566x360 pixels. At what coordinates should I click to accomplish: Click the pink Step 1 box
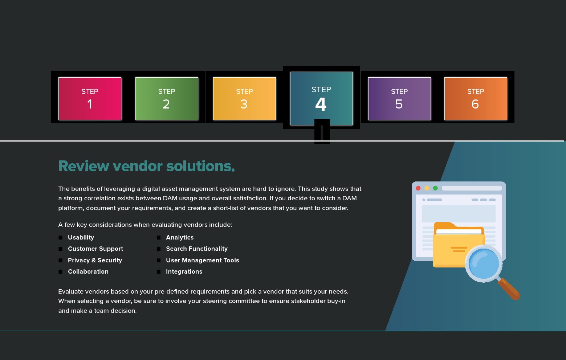tap(90, 98)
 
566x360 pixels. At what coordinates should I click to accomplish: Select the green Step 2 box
tap(167, 98)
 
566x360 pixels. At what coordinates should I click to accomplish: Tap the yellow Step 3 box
tap(244, 98)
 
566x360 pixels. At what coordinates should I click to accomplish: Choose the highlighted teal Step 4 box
tap(321, 98)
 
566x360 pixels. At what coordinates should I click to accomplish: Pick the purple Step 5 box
tap(399, 98)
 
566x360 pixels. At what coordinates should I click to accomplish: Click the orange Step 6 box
tap(476, 98)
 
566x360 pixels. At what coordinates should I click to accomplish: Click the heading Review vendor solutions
tap(146, 166)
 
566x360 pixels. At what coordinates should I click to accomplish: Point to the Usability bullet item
tap(81, 237)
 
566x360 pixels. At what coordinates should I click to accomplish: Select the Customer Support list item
tap(95, 249)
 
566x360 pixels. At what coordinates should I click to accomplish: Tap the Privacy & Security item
tap(95, 260)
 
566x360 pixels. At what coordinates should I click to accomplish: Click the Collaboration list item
tap(88, 271)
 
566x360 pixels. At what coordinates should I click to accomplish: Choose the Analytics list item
tap(180, 237)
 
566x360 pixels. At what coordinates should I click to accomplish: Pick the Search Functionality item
tap(197, 249)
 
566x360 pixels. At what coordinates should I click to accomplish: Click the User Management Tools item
tap(203, 260)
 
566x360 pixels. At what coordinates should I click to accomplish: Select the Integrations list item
tap(184, 271)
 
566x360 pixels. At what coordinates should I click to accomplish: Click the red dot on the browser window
tap(418, 188)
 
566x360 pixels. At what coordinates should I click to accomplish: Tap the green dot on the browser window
tap(435, 188)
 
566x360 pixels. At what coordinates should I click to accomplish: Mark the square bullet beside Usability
tap(61, 238)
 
